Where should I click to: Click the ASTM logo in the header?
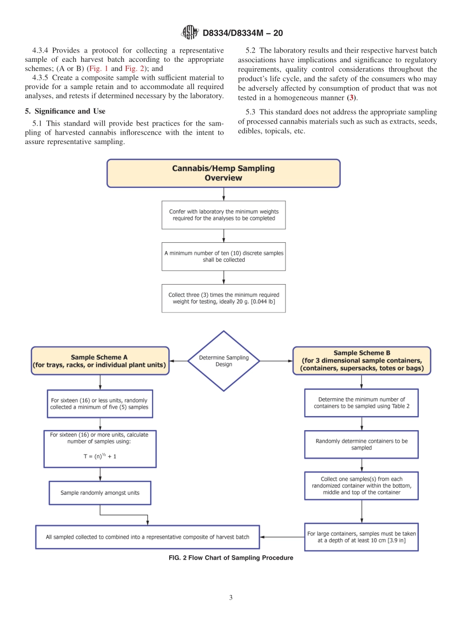(x=190, y=33)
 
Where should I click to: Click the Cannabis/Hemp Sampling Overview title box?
(x=223, y=173)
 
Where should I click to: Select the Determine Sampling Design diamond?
(x=224, y=361)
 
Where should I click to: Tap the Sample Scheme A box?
(x=100, y=361)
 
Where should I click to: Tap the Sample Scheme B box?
(x=361, y=361)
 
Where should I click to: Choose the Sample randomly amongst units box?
(x=100, y=493)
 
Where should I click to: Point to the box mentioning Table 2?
(x=361, y=403)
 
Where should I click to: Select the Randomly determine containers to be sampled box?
(x=361, y=444)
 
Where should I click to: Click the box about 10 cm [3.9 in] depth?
(x=361, y=537)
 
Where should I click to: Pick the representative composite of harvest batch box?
(x=147, y=537)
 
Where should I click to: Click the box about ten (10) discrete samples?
(x=223, y=256)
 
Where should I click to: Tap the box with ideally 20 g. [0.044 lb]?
(x=223, y=298)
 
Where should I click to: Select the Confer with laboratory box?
(x=223, y=215)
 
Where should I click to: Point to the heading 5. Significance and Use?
(x=65, y=111)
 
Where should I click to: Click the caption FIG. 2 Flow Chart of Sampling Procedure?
(x=231, y=558)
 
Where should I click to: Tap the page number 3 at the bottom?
(x=231, y=598)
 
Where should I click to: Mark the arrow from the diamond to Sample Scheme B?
(x=276, y=361)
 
